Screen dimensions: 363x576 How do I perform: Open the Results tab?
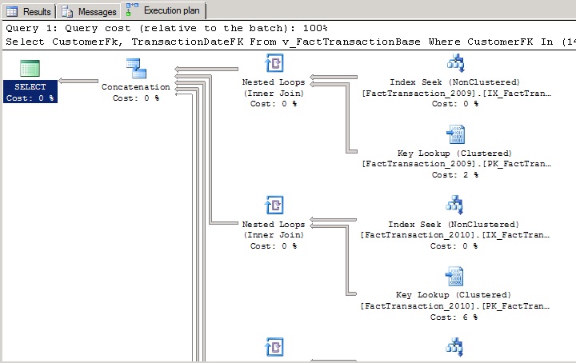[30, 11]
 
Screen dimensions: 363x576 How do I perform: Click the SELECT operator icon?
[30, 68]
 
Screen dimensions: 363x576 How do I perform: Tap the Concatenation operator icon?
[136, 68]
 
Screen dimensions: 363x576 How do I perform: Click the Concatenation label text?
[136, 87]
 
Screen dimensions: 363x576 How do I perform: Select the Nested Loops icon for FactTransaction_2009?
[273, 64]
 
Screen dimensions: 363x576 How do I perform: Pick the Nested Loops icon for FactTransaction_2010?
[273, 206]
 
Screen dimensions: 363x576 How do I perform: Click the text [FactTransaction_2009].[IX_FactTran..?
[456, 93]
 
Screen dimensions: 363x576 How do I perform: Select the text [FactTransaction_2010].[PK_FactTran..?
[456, 306]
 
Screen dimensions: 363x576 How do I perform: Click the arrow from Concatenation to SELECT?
[78, 81]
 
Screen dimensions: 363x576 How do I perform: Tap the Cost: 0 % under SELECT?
[30, 98]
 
